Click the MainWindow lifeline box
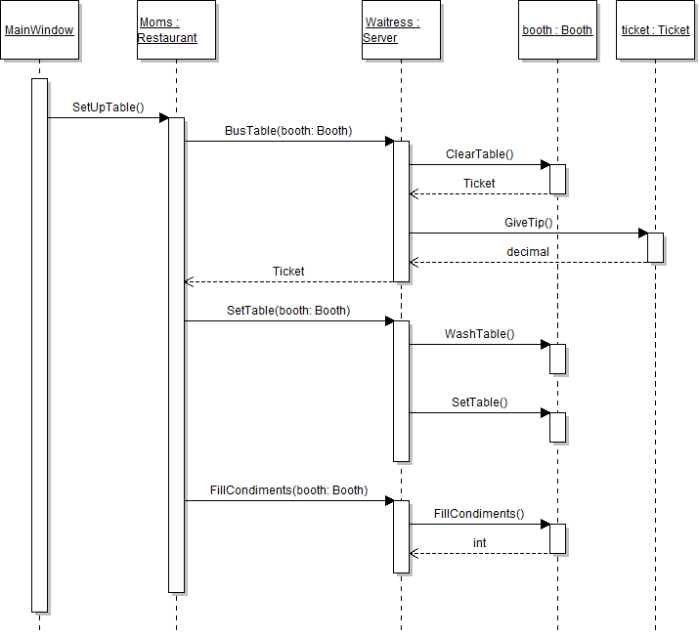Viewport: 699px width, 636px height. tap(39, 30)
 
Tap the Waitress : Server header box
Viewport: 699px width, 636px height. tap(401, 30)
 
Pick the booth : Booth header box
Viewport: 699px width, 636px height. tap(557, 30)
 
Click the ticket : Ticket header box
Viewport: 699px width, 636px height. tap(655, 30)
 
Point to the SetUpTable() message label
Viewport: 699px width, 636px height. tap(108, 107)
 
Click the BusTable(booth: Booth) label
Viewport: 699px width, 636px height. tap(288, 131)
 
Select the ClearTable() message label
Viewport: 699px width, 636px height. tap(479, 154)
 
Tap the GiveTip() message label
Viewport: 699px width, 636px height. tap(529, 223)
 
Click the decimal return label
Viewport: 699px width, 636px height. tap(528, 252)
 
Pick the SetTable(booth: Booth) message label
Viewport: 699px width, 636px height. tap(288, 311)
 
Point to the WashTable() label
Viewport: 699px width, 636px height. tap(479, 334)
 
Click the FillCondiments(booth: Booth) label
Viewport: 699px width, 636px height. tap(288, 490)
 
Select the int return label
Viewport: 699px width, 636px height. tap(479, 543)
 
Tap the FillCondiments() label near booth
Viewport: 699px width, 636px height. tap(479, 514)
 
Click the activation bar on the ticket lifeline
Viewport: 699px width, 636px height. tap(655, 247)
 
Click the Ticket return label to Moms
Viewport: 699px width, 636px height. tap(288, 272)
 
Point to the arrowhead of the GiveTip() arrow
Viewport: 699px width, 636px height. tap(642, 233)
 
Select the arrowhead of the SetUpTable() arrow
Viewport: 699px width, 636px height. tap(164, 118)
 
